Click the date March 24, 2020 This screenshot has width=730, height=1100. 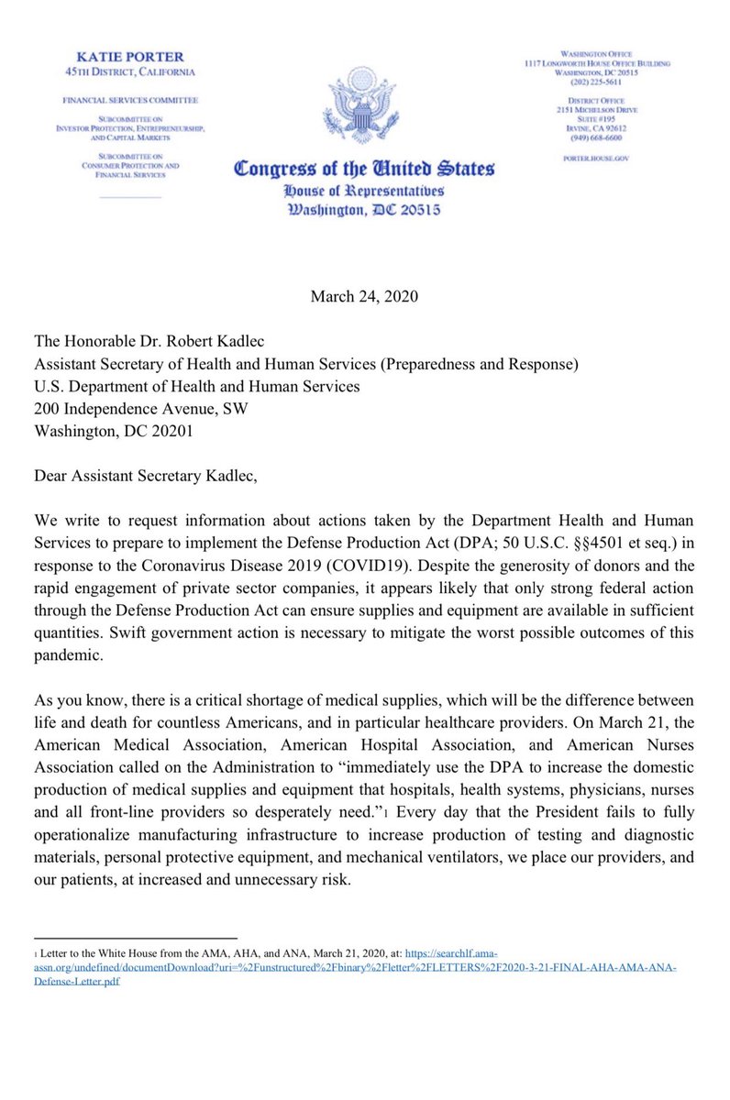(364, 295)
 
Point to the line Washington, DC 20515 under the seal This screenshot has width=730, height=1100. (364, 210)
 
